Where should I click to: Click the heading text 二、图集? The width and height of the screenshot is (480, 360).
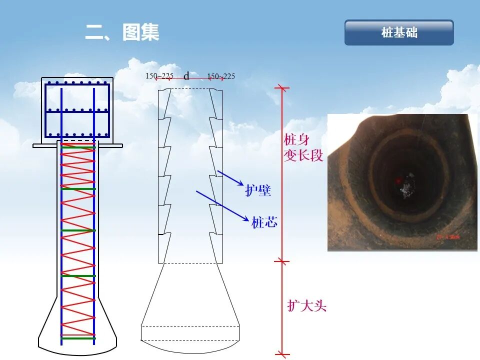coord(122,33)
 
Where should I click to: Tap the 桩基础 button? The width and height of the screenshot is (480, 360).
coord(399,33)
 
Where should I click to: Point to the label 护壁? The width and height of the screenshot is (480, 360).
coord(258,190)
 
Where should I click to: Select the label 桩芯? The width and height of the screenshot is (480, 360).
coord(264,222)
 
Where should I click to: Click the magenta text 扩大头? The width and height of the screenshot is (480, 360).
coord(306,305)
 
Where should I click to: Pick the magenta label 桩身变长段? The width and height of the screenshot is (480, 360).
coord(303,147)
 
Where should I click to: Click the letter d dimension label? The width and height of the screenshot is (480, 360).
coord(186,76)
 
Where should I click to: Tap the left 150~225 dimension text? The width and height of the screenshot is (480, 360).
coord(159,76)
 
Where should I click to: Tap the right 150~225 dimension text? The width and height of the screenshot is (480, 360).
coord(221,76)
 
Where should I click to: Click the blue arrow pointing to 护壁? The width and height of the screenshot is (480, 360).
coord(229,178)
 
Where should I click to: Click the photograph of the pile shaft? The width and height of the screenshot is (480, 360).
coord(402,182)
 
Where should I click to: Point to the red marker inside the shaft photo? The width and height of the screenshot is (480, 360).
coord(398,180)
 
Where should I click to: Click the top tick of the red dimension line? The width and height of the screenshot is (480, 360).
coord(282,88)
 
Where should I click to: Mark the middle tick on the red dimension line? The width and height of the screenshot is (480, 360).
coord(282,261)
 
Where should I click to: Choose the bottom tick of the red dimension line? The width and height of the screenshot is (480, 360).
coord(282,354)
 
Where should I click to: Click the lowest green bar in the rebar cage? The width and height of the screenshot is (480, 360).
coord(77,338)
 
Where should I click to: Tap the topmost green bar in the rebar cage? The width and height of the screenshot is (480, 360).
coord(77,147)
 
